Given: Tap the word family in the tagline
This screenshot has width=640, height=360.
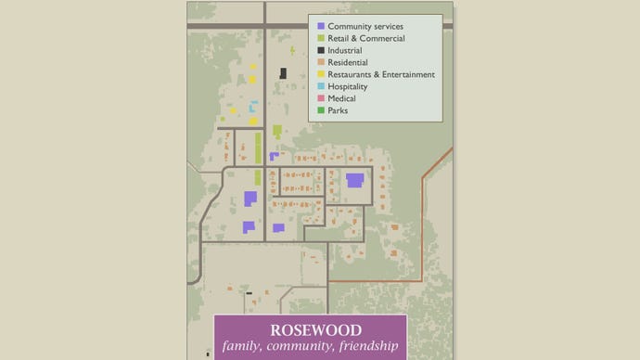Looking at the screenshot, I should coord(244,347).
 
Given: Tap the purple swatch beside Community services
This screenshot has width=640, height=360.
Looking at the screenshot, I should coord(321,26).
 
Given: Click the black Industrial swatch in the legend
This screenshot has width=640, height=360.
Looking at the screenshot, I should coord(321,50).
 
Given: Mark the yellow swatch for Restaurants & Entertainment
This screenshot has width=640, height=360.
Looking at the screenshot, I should coord(321,74).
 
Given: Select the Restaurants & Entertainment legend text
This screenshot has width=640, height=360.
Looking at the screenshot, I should coord(381,74).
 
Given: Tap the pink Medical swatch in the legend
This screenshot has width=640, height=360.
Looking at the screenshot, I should coord(321,98).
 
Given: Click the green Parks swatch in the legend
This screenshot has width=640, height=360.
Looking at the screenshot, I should coord(321,110).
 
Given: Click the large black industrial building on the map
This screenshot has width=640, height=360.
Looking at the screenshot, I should coord(283,73).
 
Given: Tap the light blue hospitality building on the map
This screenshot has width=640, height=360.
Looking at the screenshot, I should coord(251,107).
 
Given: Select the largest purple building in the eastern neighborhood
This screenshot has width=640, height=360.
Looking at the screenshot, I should coord(354,180).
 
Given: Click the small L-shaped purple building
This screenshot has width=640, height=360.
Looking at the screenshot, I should coord(274,156).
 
